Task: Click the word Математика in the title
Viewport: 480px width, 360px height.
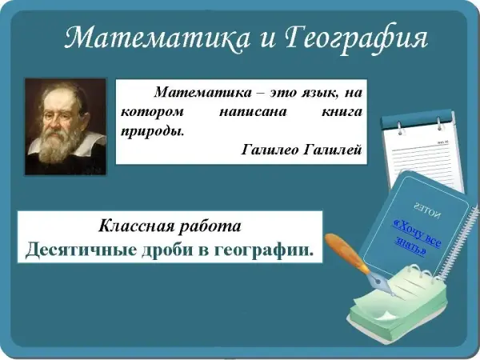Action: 157,38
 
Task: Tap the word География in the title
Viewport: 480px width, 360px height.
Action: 356,39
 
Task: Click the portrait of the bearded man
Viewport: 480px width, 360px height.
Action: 66,126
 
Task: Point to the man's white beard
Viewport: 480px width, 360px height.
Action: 58,144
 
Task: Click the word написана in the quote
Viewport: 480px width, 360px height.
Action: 253,112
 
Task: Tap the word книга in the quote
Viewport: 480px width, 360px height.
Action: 342,112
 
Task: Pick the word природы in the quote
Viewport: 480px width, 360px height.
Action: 153,132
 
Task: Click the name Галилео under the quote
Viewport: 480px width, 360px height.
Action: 270,150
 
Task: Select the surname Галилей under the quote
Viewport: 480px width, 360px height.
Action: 333,150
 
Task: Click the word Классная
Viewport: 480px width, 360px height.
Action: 135,226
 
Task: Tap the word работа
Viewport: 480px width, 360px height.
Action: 210,227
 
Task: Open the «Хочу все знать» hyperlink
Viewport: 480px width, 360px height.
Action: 417,238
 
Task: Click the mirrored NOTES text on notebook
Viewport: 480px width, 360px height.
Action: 427,210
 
